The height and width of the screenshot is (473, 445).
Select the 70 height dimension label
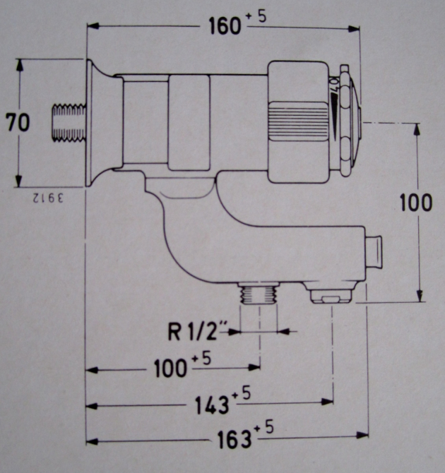coord(18,123)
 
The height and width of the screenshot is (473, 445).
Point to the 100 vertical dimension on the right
coord(415,203)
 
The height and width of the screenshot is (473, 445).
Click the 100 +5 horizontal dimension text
coord(172,368)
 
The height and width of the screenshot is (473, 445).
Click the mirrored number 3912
coord(47,198)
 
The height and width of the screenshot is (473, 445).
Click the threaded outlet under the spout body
coord(257,293)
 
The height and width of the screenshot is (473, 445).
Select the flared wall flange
coord(96,124)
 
